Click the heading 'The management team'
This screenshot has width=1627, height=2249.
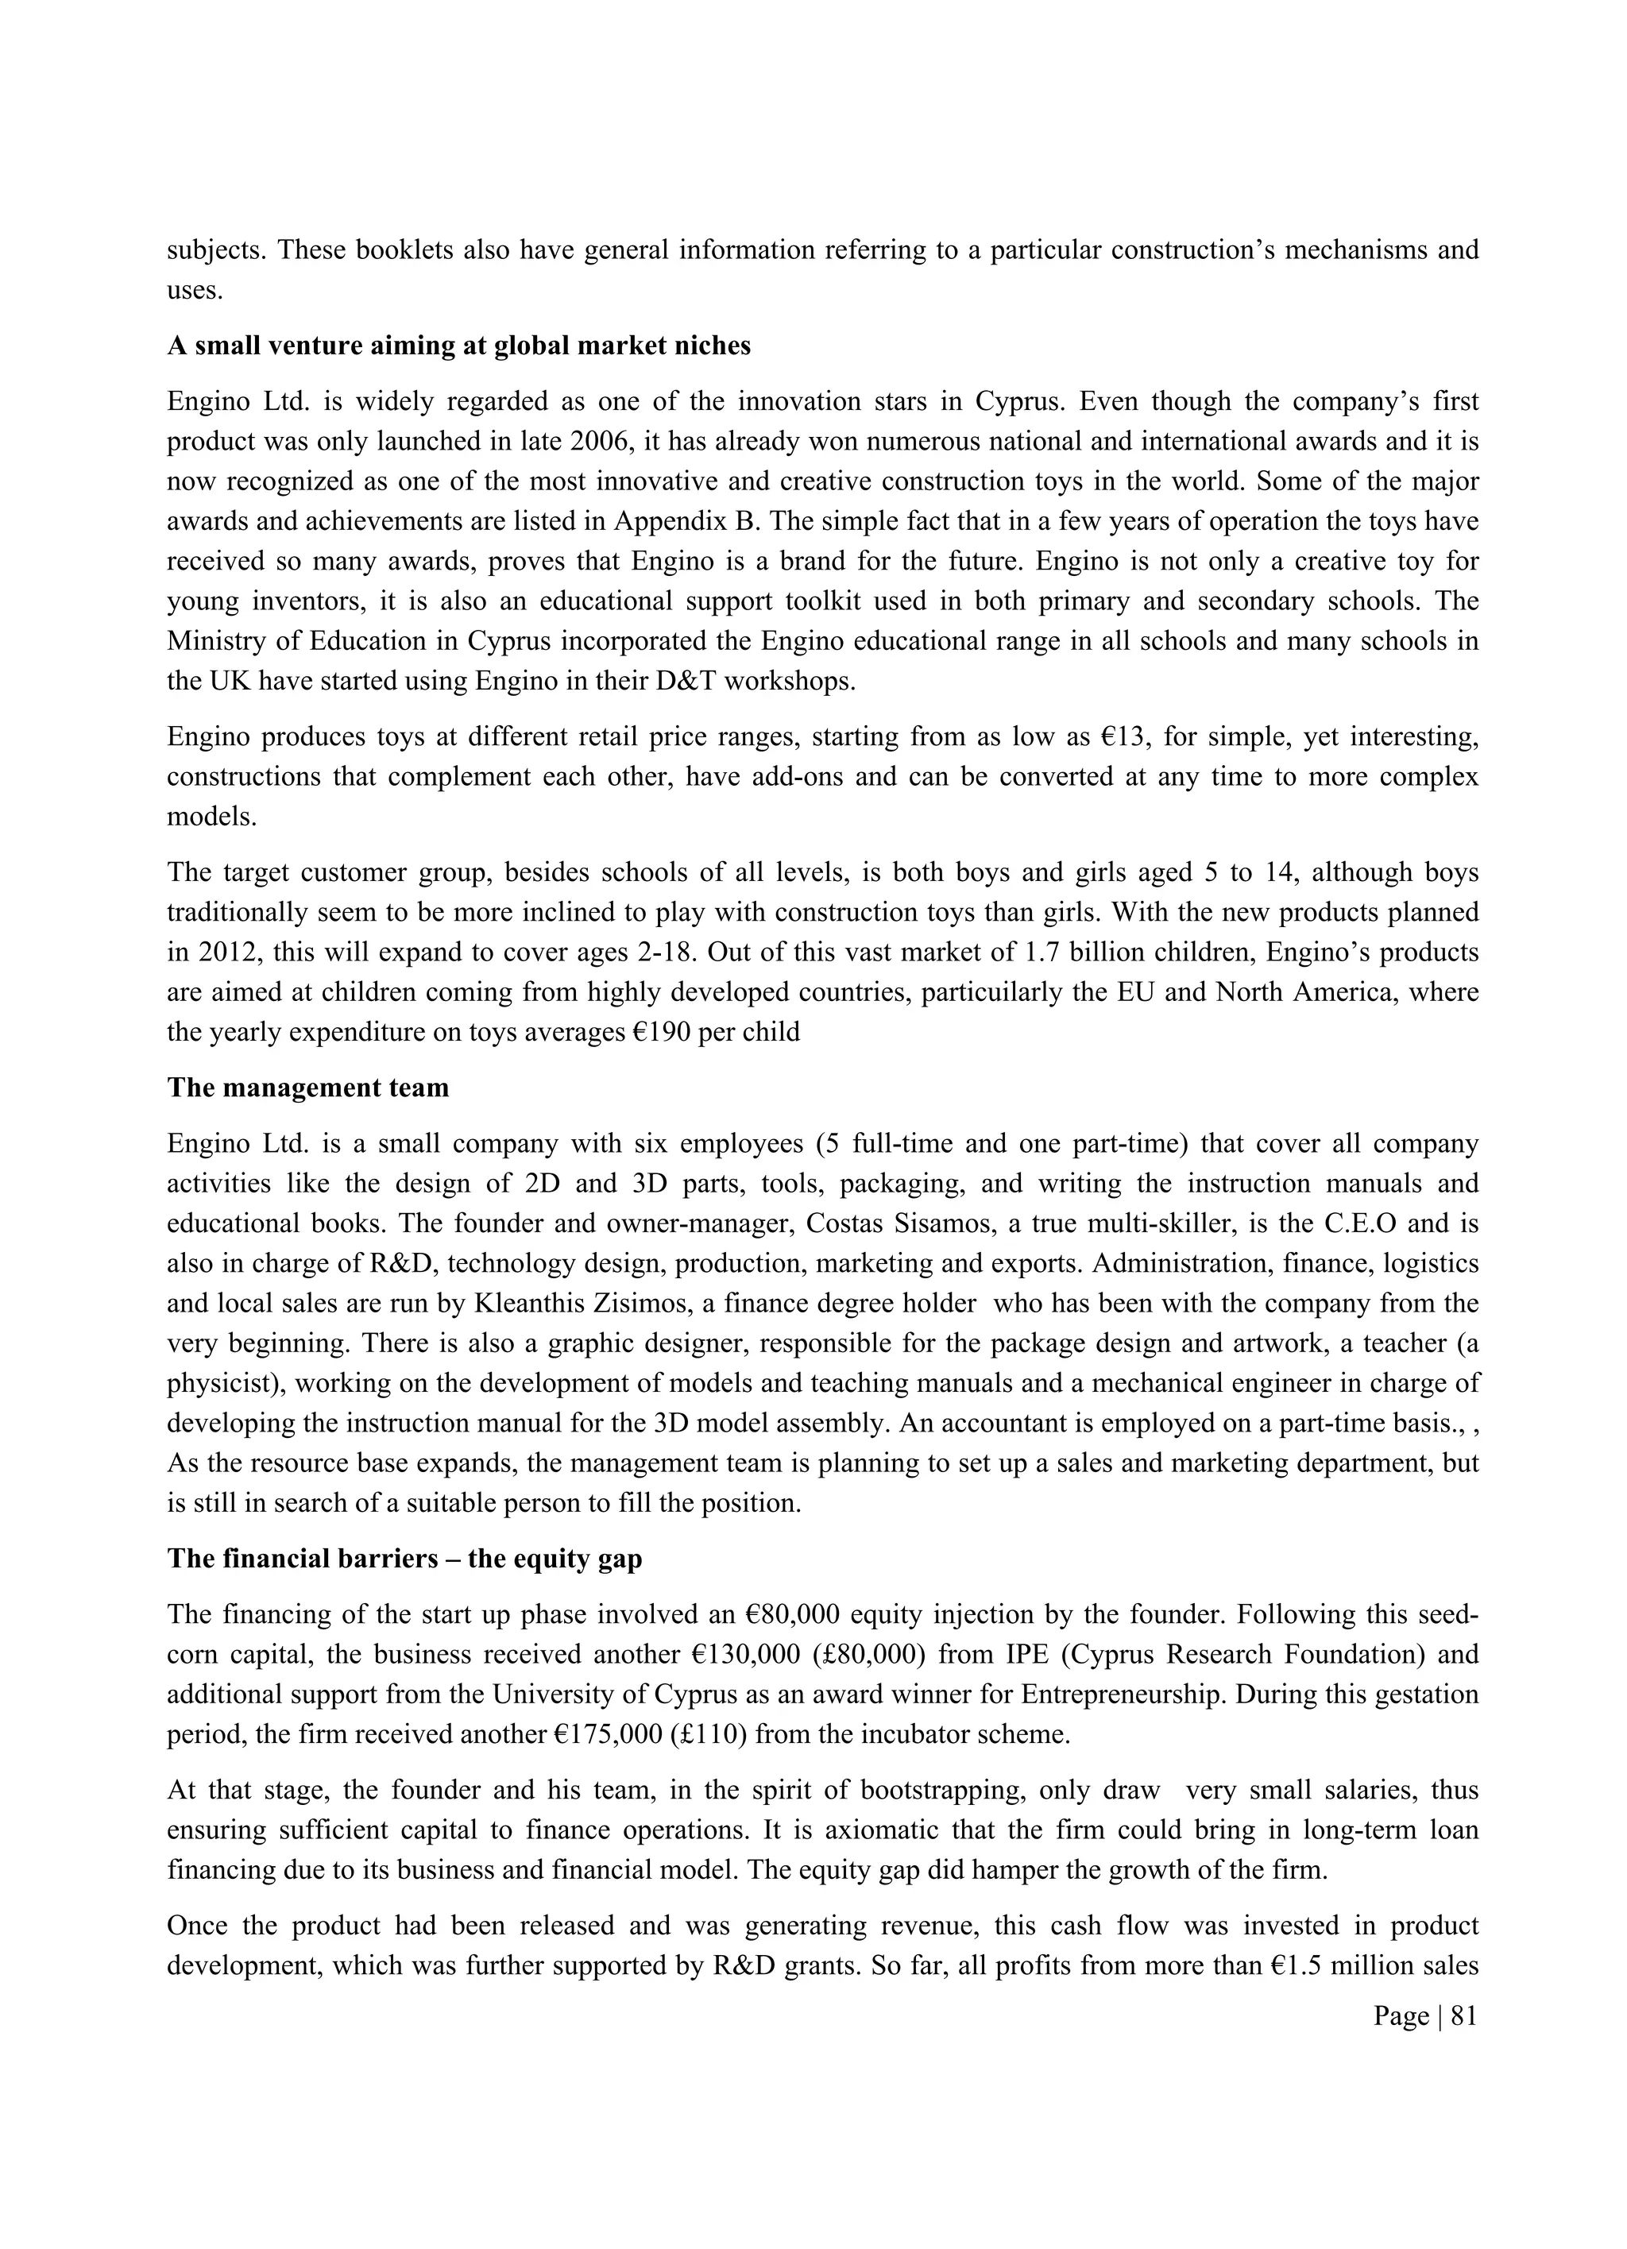tap(307, 1088)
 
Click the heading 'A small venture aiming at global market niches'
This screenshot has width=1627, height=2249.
tap(458, 346)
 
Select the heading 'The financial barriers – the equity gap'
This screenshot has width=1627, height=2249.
tap(404, 1559)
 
